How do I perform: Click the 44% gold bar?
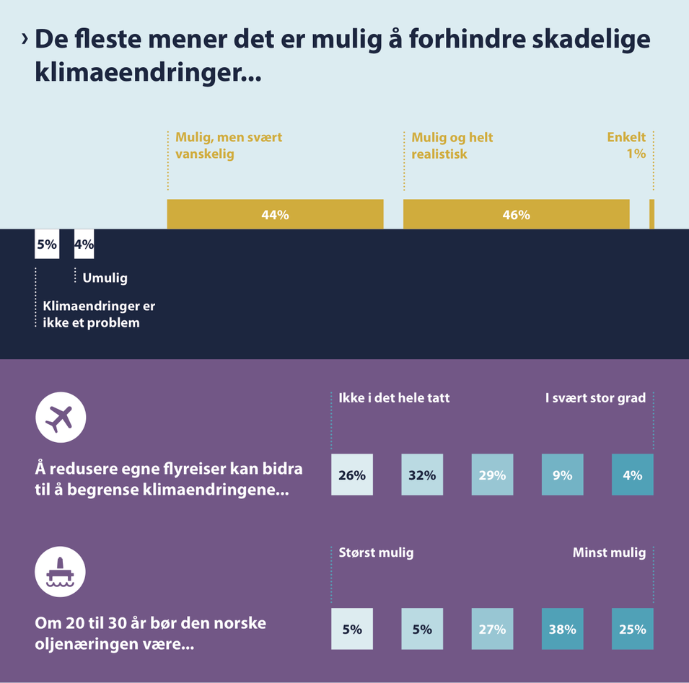point(275,215)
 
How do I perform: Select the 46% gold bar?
point(516,215)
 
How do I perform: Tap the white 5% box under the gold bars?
point(46,244)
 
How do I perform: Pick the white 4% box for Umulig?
point(84,244)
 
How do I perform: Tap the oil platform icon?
point(61,572)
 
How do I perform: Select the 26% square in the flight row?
point(352,475)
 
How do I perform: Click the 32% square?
point(422,475)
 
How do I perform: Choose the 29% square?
point(492,475)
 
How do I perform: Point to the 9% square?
point(562,475)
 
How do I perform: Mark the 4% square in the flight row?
point(633,475)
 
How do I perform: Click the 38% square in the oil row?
point(562,629)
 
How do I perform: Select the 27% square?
point(492,629)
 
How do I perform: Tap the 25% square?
point(633,629)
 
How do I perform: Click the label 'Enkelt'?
point(626,137)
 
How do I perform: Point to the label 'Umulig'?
point(105,278)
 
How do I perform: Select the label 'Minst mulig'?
point(609,553)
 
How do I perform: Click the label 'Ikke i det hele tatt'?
point(394,397)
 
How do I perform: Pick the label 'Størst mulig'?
point(376,553)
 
